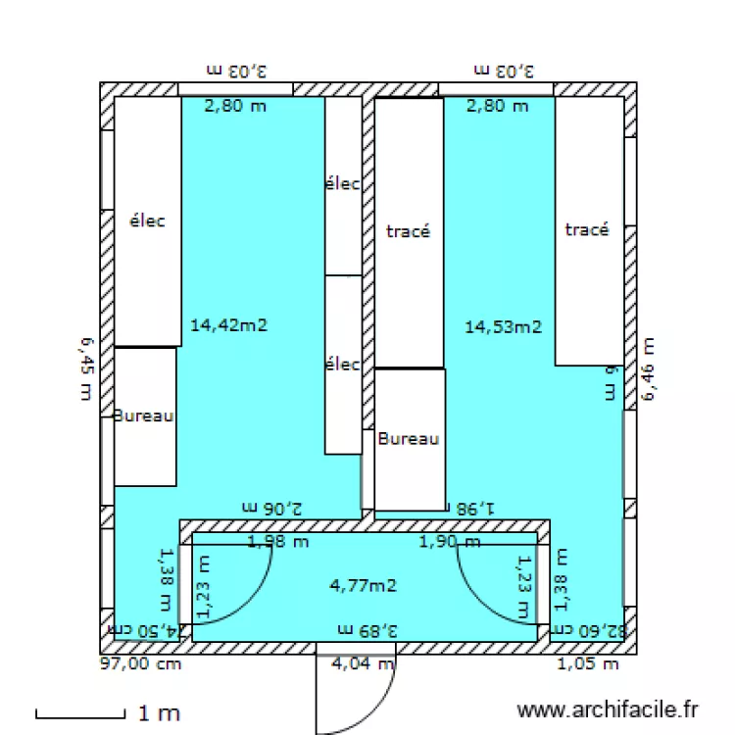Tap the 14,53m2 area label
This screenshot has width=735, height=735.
tap(503, 326)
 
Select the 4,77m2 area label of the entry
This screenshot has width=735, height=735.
tap(364, 586)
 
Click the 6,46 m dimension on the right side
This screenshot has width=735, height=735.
tap(648, 369)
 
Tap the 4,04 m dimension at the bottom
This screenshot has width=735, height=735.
tap(364, 663)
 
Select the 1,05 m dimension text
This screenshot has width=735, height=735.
tap(588, 663)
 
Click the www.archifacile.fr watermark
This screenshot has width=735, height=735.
tap(608, 709)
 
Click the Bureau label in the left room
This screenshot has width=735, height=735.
tap(144, 416)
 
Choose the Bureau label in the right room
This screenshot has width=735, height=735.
tap(409, 438)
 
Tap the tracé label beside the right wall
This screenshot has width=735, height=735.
tap(587, 229)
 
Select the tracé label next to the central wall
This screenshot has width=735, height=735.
tap(409, 231)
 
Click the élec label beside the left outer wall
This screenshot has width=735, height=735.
tap(147, 220)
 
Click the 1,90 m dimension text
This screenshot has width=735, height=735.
tap(450, 541)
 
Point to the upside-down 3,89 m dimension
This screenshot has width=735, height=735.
tap(367, 628)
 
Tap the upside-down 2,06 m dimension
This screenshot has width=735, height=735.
tap(271, 507)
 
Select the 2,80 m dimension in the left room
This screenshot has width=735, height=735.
tap(234, 106)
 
